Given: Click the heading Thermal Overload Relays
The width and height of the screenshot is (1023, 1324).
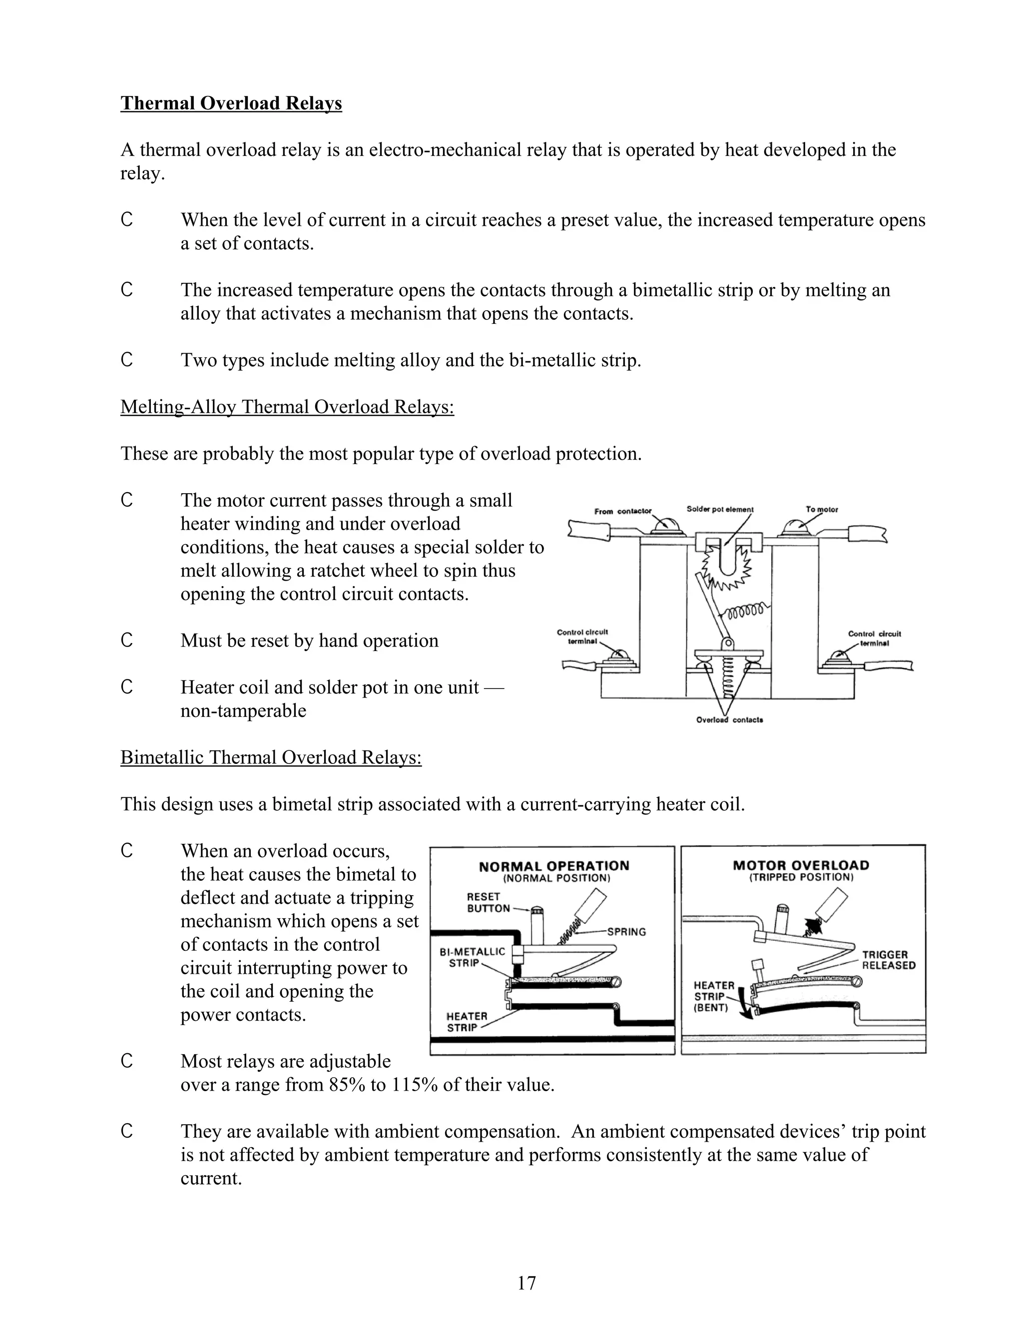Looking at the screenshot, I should click(231, 103).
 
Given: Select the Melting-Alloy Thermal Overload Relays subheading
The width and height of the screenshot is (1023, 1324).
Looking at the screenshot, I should click(287, 407).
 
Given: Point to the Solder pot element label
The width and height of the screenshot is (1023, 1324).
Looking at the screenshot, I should click(720, 509).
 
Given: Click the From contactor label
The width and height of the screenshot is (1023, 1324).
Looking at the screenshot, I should click(622, 511).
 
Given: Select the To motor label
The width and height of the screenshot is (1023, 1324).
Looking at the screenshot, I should click(822, 509).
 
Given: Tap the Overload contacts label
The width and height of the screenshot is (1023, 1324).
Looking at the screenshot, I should click(730, 719).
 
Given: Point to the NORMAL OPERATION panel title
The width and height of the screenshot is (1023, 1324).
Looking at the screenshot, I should click(554, 866).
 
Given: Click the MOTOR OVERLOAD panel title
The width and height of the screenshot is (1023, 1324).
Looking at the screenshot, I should click(801, 865).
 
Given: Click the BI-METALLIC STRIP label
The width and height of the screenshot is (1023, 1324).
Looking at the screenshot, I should click(472, 957).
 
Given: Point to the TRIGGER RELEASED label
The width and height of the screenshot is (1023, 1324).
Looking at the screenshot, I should click(889, 960).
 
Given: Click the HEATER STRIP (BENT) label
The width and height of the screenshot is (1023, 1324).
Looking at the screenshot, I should click(713, 997).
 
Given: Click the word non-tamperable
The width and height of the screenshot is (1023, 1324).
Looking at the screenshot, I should click(243, 710).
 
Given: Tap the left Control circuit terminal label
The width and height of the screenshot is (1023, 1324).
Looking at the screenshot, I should click(582, 637).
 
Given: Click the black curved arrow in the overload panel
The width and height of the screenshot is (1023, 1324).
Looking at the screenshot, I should click(747, 1006).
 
